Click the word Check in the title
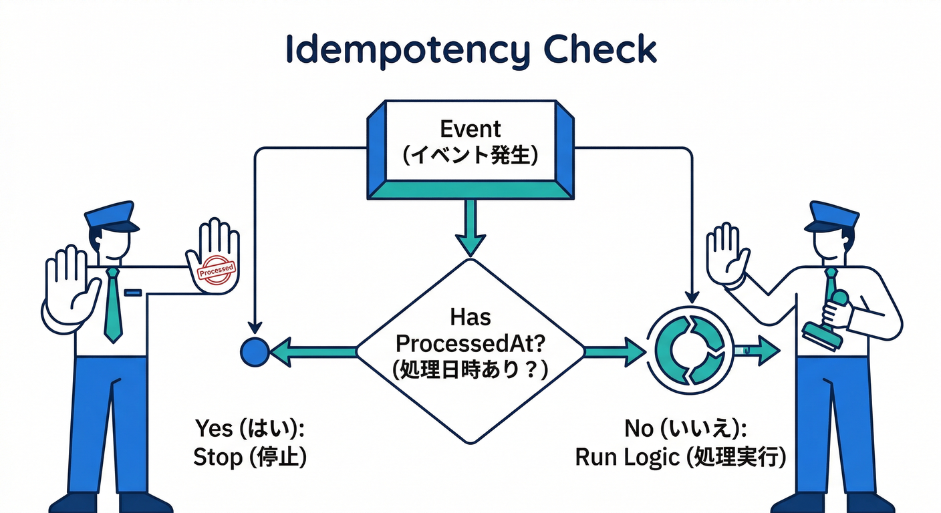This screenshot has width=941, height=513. [x=599, y=50]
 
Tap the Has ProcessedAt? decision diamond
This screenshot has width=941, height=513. [x=470, y=351]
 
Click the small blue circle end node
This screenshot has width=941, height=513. [x=254, y=351]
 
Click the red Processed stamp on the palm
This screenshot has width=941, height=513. [x=217, y=271]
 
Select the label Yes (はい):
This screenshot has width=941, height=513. [x=254, y=428]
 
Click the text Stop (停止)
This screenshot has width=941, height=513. [x=250, y=458]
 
